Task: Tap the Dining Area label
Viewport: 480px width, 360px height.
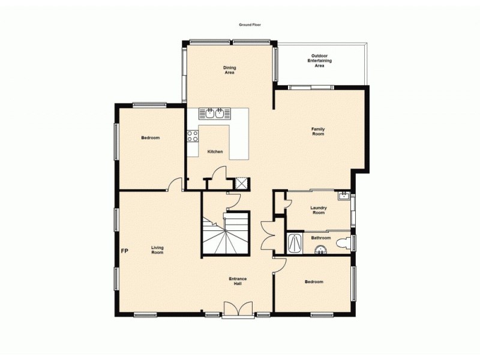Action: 229,70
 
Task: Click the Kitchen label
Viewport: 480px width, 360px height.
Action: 215,152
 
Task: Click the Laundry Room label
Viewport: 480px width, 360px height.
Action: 318,210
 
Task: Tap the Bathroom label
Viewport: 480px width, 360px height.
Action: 321,238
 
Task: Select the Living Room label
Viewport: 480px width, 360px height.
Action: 157,250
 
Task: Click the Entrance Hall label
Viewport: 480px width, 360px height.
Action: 238,281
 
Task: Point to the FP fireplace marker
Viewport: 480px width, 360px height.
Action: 125,250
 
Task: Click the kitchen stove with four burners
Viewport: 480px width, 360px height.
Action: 193,137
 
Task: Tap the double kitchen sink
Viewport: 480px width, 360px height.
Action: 215,113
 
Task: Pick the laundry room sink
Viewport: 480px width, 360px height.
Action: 343,196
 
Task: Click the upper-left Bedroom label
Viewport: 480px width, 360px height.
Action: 150,138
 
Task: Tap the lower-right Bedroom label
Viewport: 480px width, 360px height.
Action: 313,282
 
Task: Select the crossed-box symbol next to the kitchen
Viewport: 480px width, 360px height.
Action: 242,183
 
